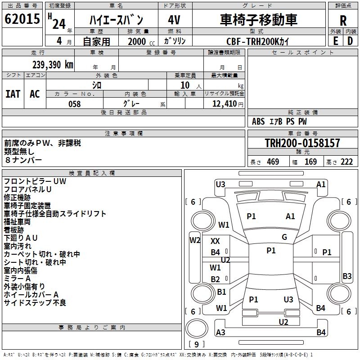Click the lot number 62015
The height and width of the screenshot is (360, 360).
[22, 19]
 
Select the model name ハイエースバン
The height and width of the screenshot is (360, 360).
[116, 20]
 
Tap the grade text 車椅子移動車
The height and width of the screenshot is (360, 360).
[259, 20]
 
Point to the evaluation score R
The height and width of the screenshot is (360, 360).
[343, 21]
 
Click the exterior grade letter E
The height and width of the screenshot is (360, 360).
[335, 40]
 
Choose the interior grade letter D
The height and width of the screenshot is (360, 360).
[350, 40]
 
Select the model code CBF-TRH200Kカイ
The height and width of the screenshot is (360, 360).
[258, 41]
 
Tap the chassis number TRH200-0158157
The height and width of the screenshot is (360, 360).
[302, 143]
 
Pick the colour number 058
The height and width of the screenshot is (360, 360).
[74, 104]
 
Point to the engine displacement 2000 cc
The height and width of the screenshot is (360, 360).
[140, 41]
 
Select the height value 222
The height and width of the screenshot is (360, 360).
[346, 162]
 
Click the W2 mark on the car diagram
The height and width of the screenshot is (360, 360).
[195, 240]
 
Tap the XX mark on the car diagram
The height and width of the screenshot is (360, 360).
[216, 241]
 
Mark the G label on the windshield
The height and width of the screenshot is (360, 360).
[284, 237]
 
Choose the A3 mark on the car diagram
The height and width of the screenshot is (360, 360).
[220, 333]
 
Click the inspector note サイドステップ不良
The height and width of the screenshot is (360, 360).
[35, 303]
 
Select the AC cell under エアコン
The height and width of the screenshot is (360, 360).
[35, 94]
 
